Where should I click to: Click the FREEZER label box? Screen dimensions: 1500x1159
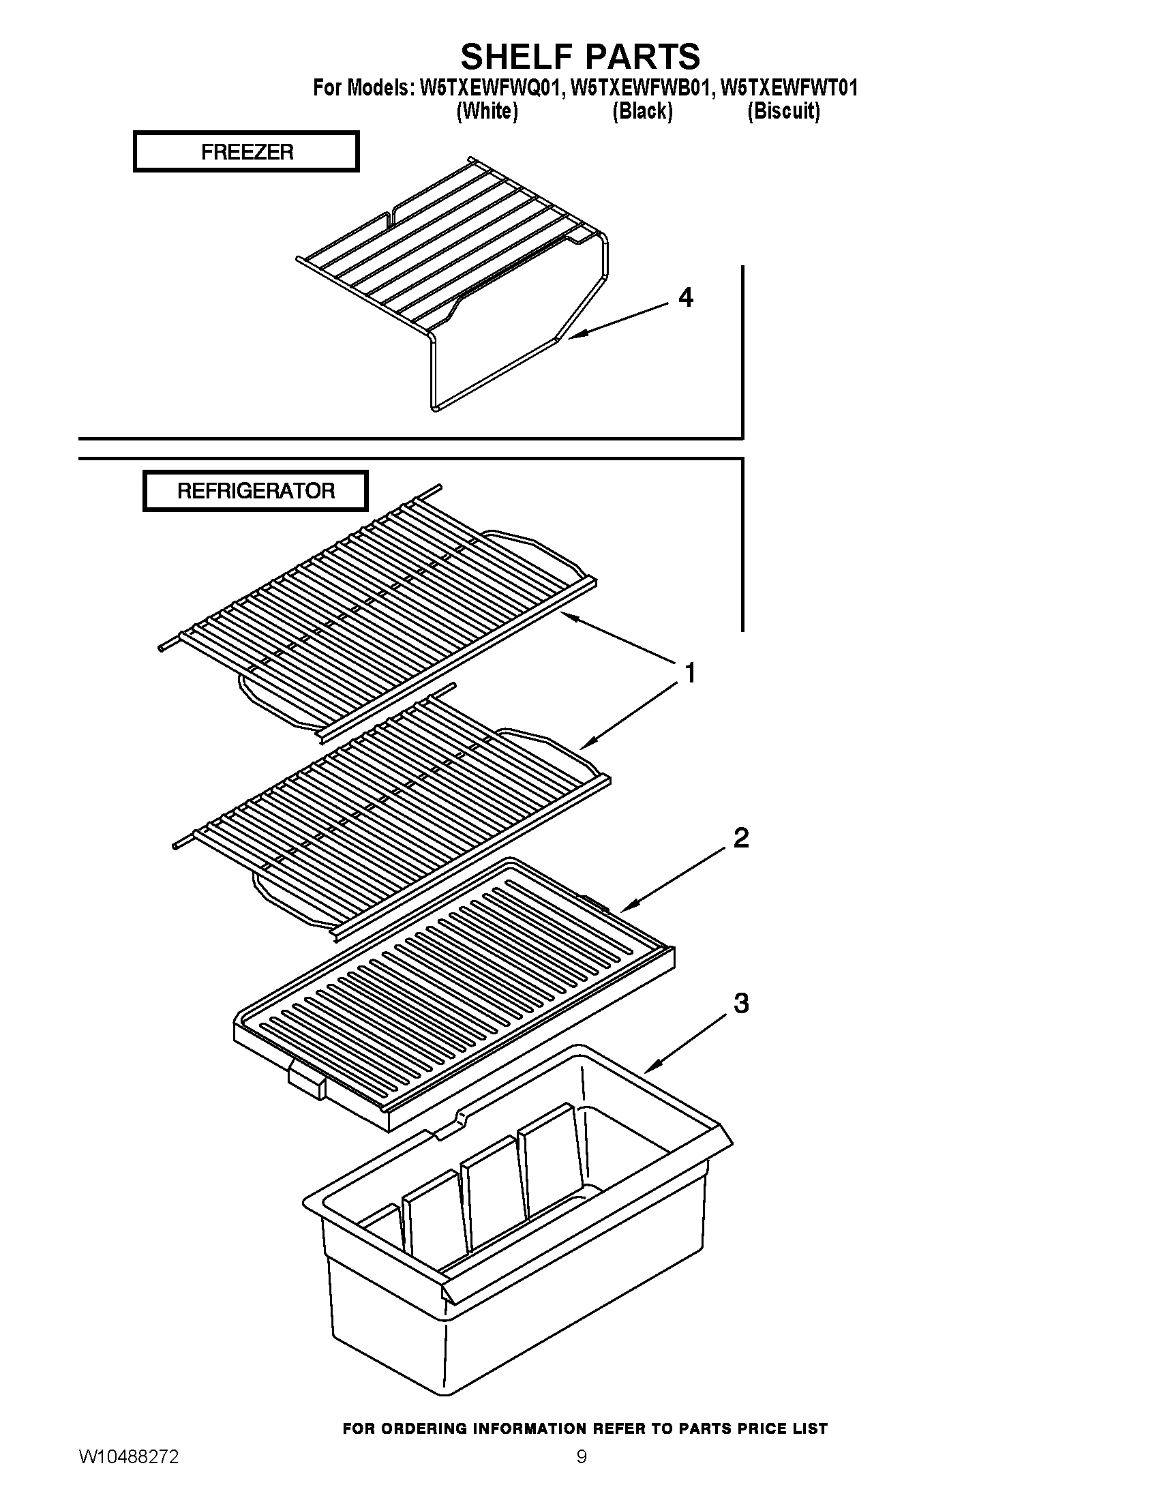(x=246, y=152)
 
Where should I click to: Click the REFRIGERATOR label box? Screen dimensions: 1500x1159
(x=256, y=491)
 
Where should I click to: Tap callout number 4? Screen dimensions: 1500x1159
(x=685, y=297)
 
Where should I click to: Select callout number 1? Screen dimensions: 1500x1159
(x=690, y=673)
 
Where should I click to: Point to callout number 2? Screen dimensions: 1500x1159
(x=741, y=838)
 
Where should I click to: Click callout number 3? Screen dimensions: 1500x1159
(x=741, y=1004)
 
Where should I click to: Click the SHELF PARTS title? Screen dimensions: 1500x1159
(x=580, y=57)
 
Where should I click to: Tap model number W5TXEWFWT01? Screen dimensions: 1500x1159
(x=789, y=88)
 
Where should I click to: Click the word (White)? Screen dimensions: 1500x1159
(x=487, y=110)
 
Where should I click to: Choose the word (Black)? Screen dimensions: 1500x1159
(x=642, y=110)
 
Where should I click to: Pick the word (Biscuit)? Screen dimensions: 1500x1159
(x=783, y=110)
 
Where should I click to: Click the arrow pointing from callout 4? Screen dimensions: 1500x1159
(x=618, y=320)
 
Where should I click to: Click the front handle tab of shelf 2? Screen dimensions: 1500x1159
(x=306, y=1082)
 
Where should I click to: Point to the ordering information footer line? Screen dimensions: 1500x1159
(x=584, y=1428)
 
